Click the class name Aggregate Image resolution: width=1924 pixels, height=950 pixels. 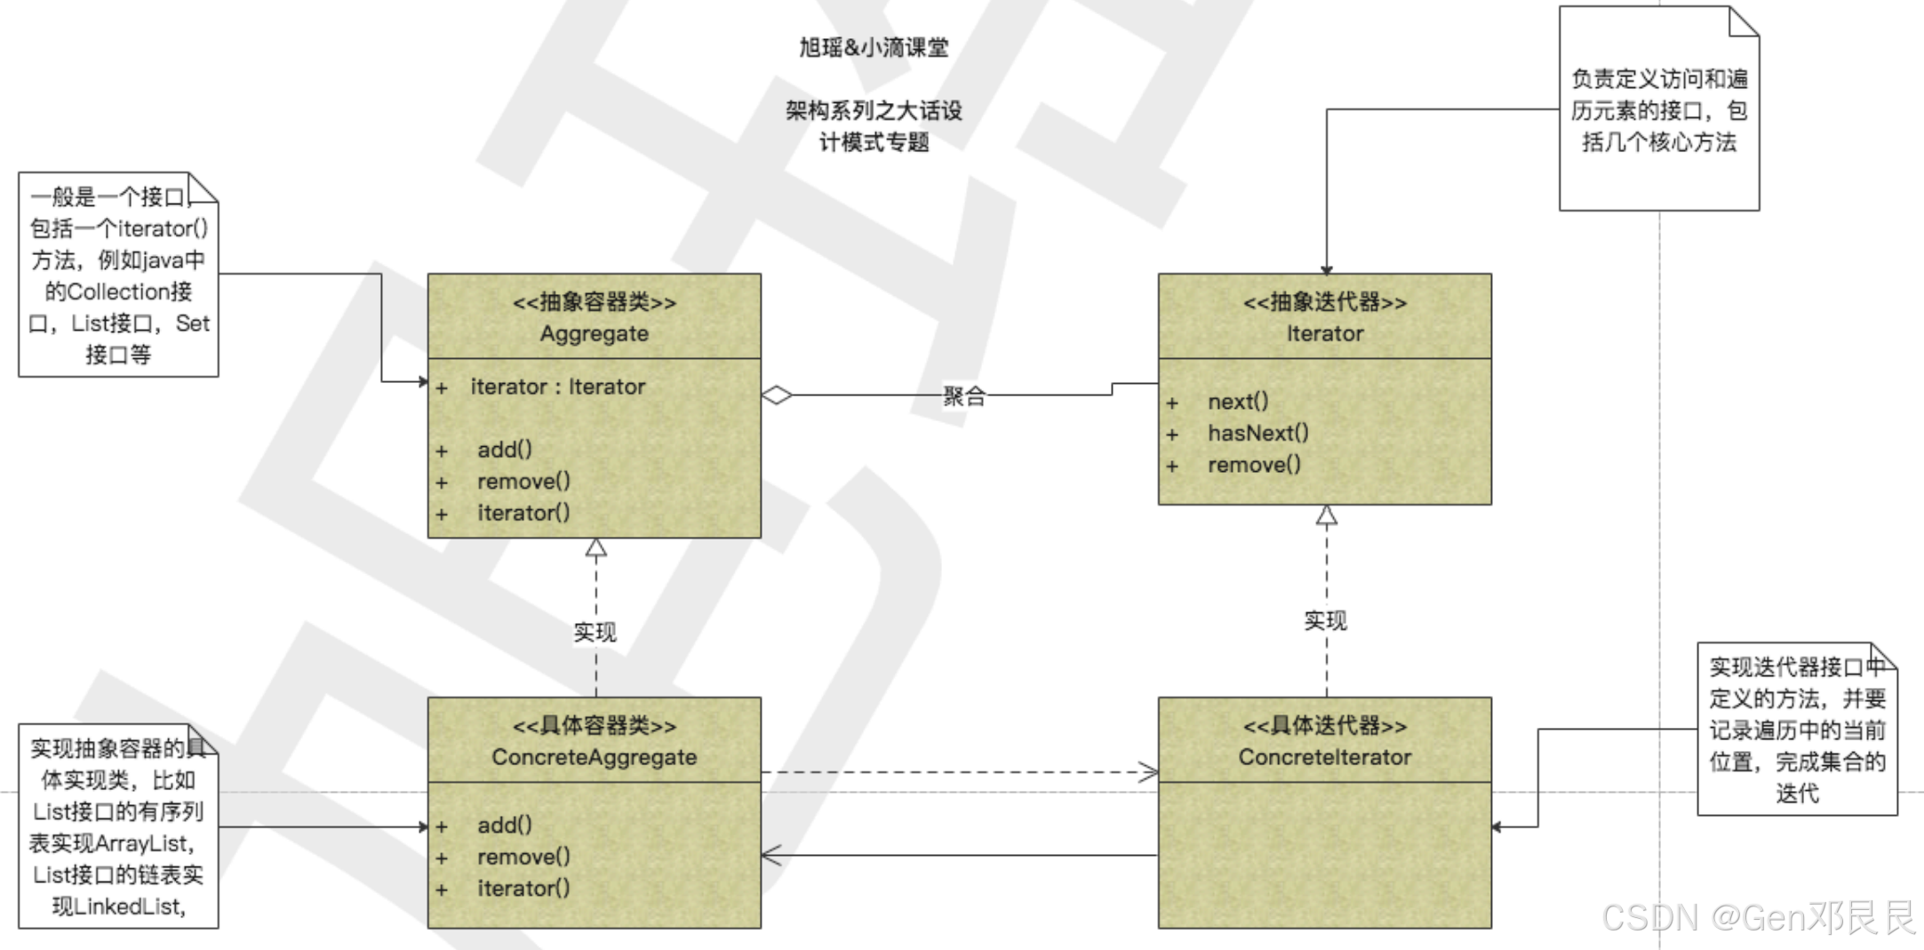(x=594, y=334)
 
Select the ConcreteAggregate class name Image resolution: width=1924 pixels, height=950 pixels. (x=594, y=757)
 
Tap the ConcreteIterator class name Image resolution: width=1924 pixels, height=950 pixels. (x=1324, y=757)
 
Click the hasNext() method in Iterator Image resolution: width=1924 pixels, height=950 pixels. (x=1257, y=434)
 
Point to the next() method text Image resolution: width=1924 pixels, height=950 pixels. (x=1238, y=402)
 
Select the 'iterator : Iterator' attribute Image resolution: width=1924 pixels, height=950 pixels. (x=557, y=387)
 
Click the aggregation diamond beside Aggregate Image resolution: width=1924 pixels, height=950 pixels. (x=777, y=395)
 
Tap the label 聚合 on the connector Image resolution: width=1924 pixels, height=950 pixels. (x=964, y=396)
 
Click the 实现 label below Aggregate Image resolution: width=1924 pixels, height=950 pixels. (x=595, y=632)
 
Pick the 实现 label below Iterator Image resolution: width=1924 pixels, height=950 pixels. (x=1325, y=620)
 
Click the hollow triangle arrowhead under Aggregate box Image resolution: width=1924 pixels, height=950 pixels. (x=596, y=547)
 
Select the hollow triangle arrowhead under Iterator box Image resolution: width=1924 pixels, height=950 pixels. (x=1327, y=515)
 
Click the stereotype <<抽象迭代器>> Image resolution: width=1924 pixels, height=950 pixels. (x=1324, y=302)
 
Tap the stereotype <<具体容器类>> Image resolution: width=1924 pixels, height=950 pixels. (x=594, y=726)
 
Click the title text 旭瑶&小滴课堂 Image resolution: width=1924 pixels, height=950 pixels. (x=874, y=47)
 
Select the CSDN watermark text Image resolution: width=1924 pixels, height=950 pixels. (x=1758, y=917)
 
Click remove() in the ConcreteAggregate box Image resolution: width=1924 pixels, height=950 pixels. (x=523, y=857)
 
